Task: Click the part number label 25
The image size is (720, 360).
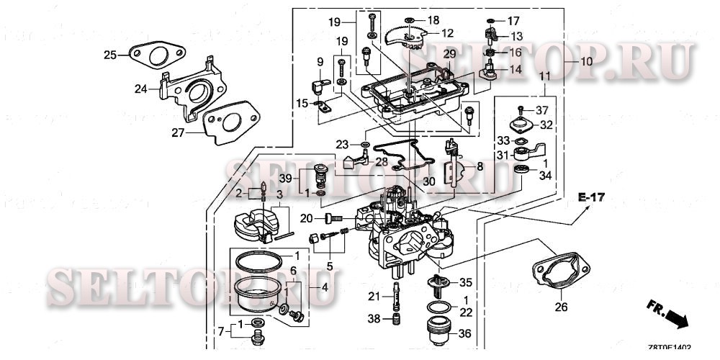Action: point(109,55)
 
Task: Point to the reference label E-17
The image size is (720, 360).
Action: point(590,197)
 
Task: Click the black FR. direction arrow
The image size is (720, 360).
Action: point(675,317)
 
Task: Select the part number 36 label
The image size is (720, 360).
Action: point(465,333)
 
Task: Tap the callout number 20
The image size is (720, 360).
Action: point(305,218)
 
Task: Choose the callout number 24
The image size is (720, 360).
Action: point(140,89)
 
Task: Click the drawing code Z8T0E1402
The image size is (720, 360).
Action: point(669,347)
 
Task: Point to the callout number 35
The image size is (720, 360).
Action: point(465,282)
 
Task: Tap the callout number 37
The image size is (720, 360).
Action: point(541,109)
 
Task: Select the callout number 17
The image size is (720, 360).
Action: point(513,21)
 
